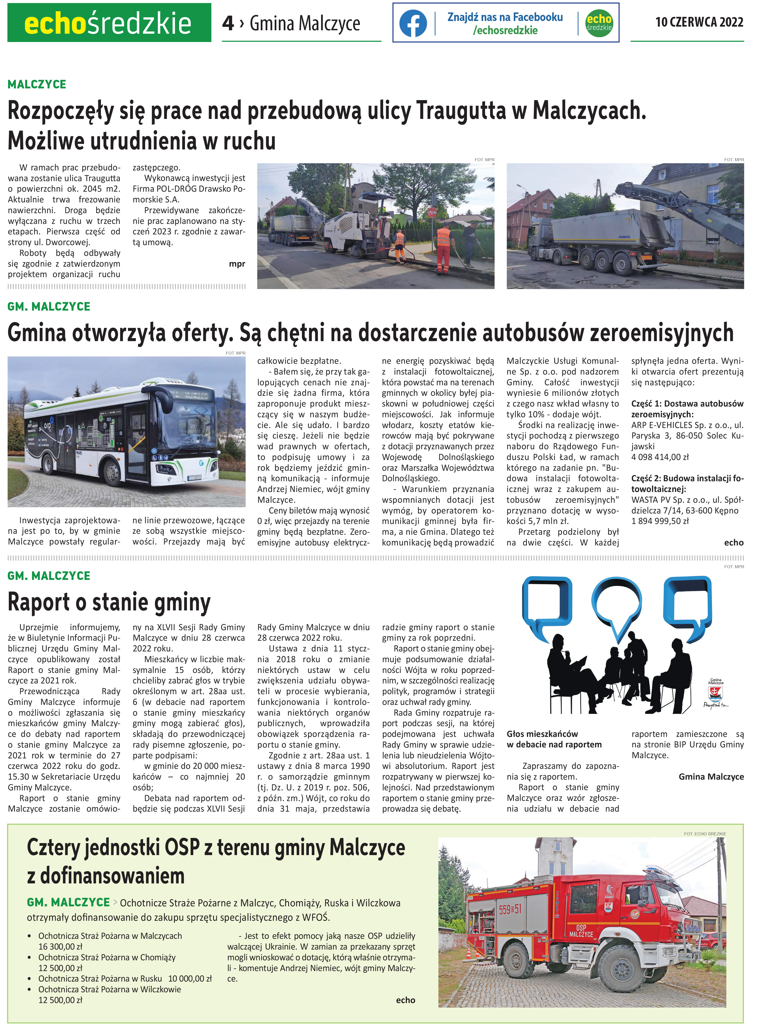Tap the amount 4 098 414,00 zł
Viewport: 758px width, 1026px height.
pyautogui.click(x=660, y=457)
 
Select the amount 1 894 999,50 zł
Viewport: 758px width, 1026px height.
pyautogui.click(x=660, y=521)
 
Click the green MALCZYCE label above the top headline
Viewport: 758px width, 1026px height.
pyautogui.click(x=37, y=84)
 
